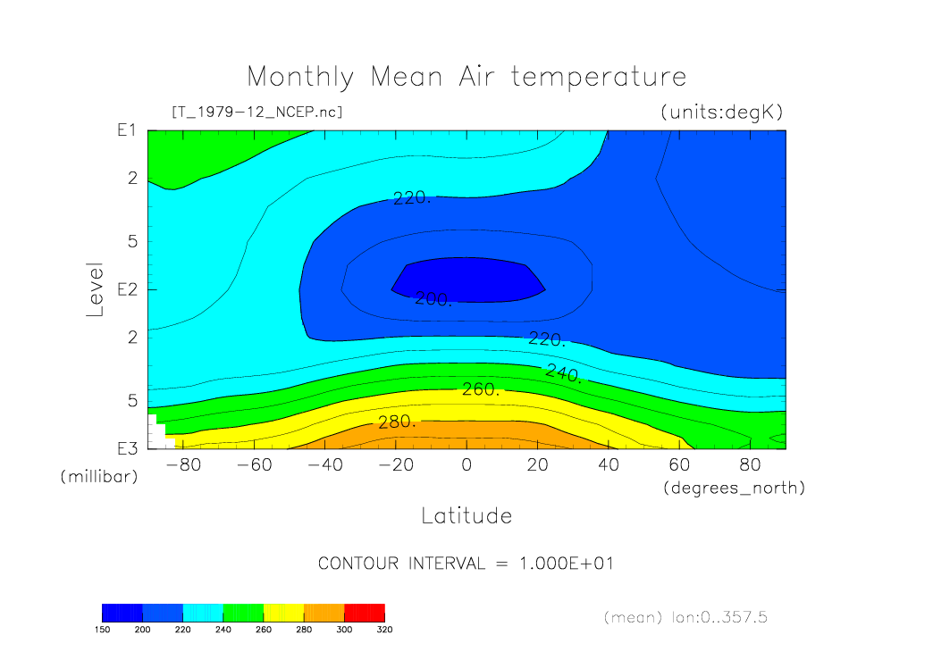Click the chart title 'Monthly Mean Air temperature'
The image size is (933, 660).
(x=466, y=77)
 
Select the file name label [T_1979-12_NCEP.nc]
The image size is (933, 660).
(x=256, y=113)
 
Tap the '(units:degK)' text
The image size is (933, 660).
(x=722, y=113)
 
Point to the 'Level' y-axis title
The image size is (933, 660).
(x=96, y=290)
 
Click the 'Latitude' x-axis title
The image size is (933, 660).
(x=466, y=515)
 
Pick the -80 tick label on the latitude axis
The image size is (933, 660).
(x=182, y=465)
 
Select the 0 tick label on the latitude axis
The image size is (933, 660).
(x=466, y=465)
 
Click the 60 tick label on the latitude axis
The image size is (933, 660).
(x=679, y=465)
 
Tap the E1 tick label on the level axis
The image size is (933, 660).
(x=126, y=130)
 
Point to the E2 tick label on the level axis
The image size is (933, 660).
(x=126, y=289)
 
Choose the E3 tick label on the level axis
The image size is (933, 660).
(x=126, y=447)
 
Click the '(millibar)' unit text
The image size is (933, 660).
(x=99, y=477)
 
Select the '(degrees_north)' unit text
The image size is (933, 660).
(x=734, y=489)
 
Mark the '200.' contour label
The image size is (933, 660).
(x=433, y=300)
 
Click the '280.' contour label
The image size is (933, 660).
(x=398, y=422)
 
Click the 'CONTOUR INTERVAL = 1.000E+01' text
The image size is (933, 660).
(x=466, y=564)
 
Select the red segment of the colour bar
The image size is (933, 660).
(x=365, y=613)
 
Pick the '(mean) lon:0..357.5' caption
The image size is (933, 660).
(x=685, y=617)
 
